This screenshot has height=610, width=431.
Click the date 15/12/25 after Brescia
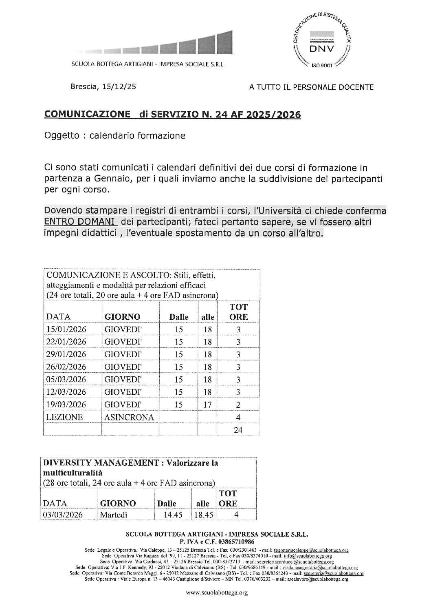(115, 86)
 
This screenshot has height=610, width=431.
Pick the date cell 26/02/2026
(66, 367)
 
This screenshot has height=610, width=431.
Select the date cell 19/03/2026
(66, 404)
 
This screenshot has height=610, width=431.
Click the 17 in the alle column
(207, 404)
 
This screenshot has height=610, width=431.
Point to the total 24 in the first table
(238, 430)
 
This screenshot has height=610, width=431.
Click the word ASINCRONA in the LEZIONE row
(129, 417)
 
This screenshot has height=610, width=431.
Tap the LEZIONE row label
(65, 417)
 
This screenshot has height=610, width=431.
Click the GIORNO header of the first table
(122, 317)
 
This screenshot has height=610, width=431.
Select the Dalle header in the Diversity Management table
(167, 504)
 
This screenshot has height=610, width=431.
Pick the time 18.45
(204, 515)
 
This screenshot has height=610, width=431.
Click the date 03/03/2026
(62, 515)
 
